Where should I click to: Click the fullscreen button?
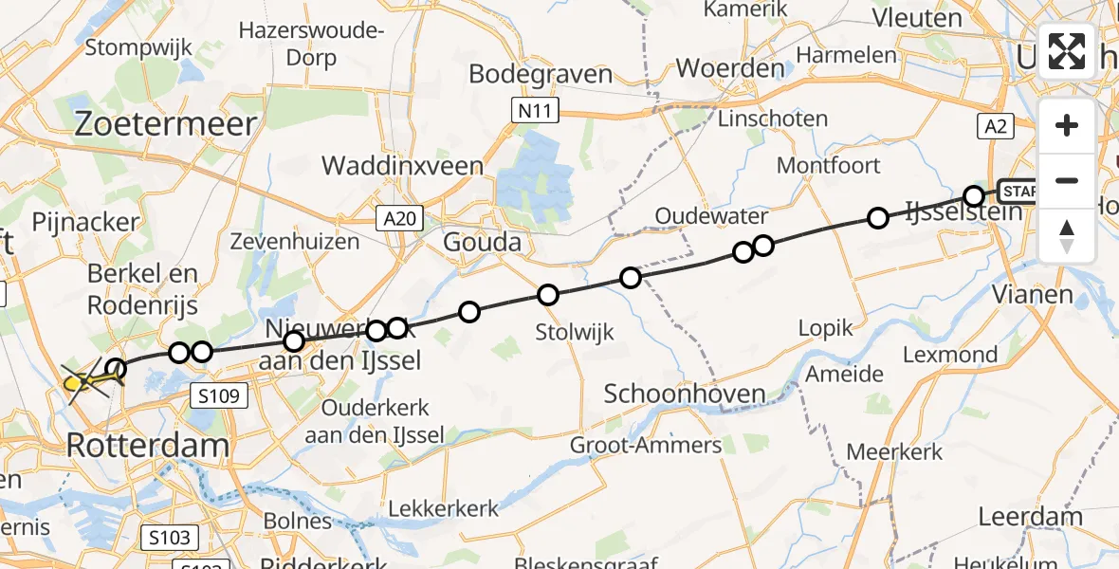(1067, 51)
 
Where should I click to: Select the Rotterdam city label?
(148, 446)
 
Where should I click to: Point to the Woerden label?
(730, 68)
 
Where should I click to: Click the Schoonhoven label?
(684, 395)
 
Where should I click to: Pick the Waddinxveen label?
(402, 166)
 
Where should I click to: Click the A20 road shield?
(398, 220)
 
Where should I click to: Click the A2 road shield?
(1000, 126)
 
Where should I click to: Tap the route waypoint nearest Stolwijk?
(547, 295)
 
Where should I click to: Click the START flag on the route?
(1017, 191)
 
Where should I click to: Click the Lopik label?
(825, 329)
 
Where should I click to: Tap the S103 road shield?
(171, 538)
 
